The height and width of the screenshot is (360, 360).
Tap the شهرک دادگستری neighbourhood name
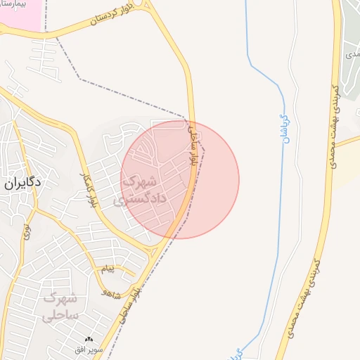(144, 189)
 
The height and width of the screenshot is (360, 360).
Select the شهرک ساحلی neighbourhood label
(63, 307)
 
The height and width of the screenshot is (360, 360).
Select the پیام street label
(107, 269)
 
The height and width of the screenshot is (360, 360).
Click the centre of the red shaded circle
(180, 179)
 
